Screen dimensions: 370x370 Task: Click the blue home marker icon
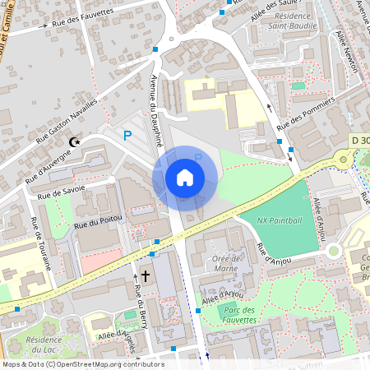tap(185, 177)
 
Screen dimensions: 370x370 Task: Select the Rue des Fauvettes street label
tap(81, 26)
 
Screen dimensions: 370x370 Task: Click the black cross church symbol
tap(146, 276)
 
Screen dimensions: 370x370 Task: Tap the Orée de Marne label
tap(225, 262)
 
